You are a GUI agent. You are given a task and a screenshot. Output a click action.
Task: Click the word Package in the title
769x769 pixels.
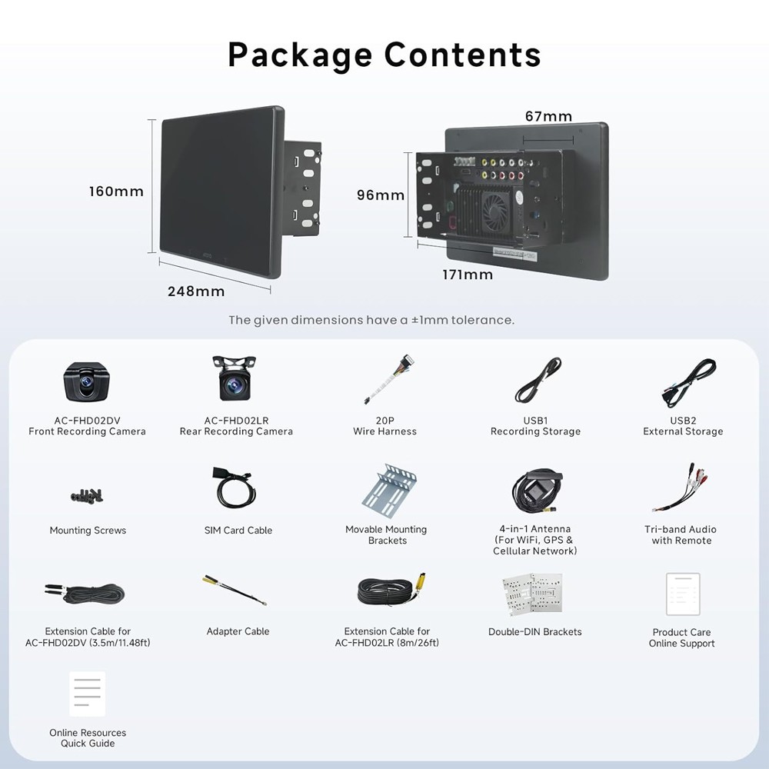coord(300,55)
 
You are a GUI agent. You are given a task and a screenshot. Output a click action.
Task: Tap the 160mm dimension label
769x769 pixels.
coord(116,191)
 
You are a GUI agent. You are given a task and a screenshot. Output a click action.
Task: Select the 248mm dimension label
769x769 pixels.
coord(196,291)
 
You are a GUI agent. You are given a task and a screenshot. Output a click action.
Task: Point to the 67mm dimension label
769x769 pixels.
coord(548,116)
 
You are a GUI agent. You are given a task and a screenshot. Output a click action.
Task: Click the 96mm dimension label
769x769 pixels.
coord(381,195)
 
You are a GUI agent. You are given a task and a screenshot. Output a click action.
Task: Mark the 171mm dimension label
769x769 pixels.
coord(468,275)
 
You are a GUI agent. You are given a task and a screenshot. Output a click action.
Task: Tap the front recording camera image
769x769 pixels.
coord(86,382)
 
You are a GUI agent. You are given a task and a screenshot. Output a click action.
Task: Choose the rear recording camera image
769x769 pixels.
coord(234,378)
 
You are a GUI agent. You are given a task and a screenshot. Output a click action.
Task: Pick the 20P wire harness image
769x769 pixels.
coord(388,378)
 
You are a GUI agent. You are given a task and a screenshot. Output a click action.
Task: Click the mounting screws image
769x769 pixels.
coord(87,496)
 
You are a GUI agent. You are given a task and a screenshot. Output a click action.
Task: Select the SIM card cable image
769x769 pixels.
coord(235,488)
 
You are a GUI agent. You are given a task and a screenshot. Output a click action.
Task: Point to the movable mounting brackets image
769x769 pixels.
coord(389,490)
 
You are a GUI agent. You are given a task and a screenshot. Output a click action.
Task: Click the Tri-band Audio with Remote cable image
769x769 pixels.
coord(681,488)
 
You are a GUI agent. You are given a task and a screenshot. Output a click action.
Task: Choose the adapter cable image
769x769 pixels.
coord(235,590)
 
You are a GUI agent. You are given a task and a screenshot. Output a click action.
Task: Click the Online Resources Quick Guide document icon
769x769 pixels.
coord(88,694)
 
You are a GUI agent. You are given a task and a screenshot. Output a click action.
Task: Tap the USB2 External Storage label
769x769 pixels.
coord(683,426)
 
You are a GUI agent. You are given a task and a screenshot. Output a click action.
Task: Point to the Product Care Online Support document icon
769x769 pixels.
coord(683,594)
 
